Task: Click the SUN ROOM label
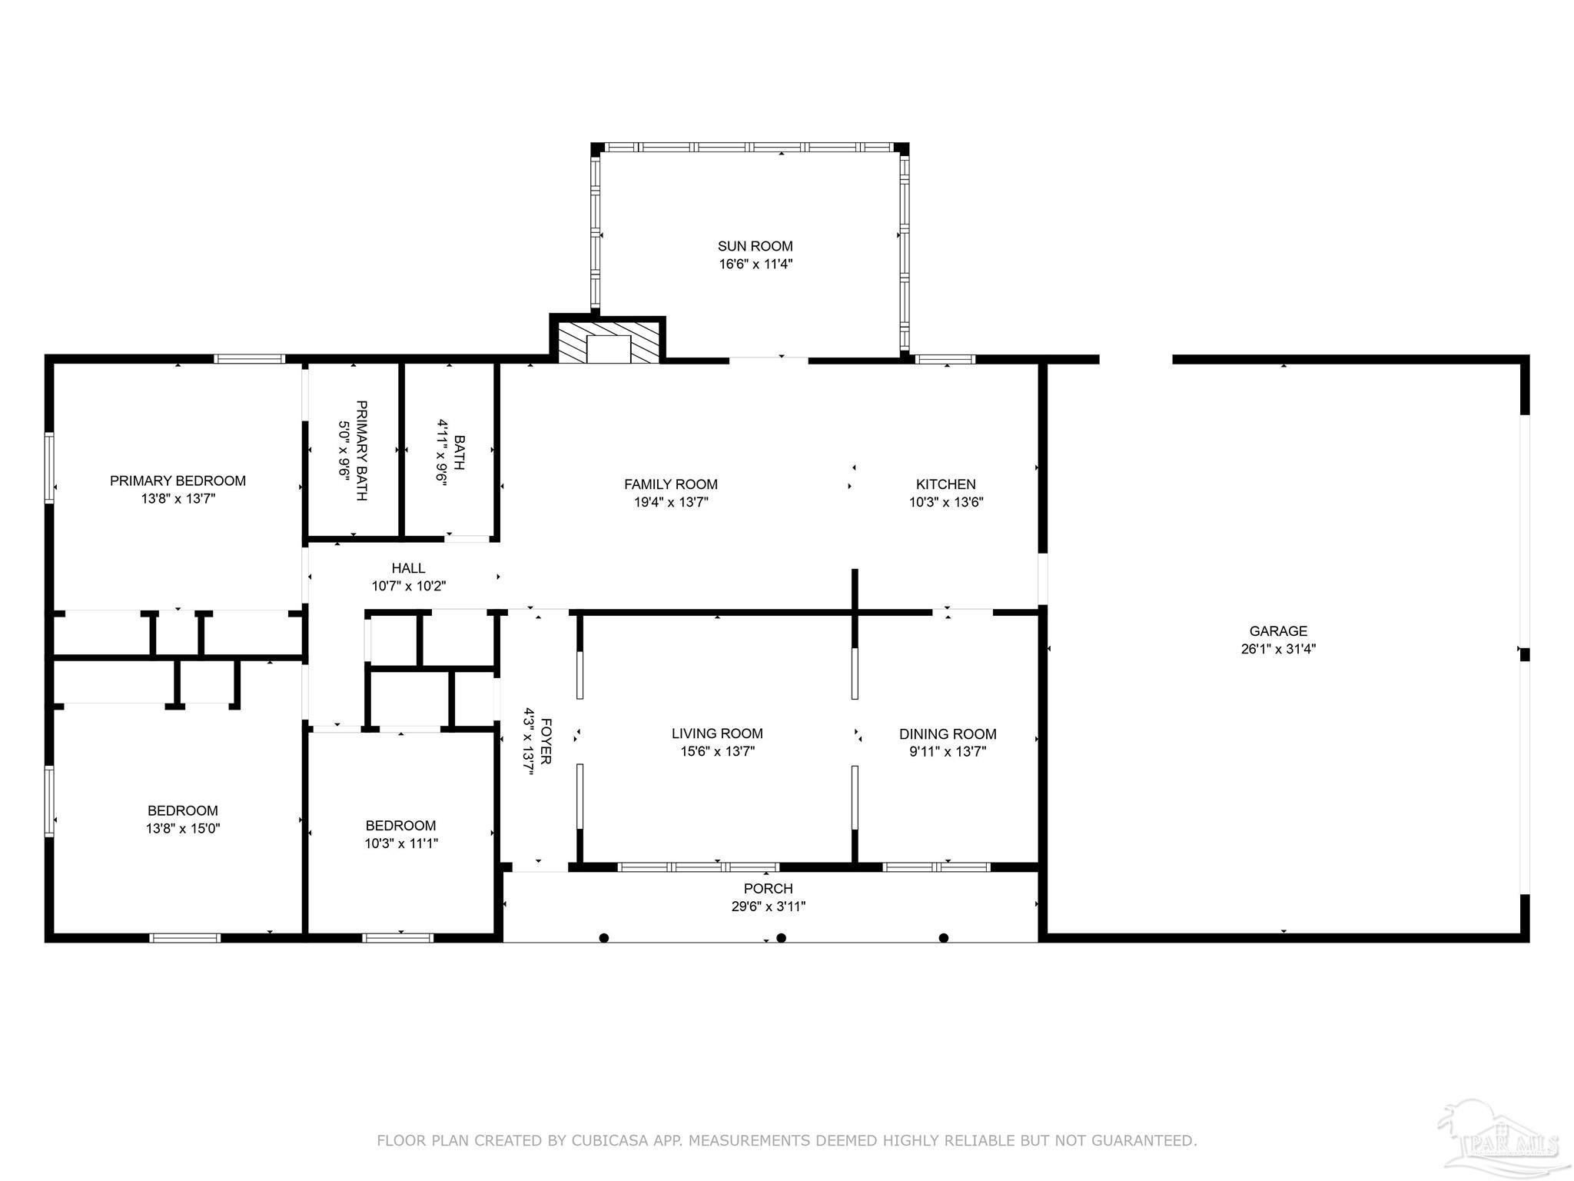755,246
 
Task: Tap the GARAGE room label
1278,631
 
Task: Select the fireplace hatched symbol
608,342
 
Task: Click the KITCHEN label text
945,484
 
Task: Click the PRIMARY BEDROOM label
178,481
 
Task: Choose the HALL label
408,568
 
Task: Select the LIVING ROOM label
717,734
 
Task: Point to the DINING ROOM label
948,734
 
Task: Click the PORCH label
768,889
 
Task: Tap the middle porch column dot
782,937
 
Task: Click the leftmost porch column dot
604,937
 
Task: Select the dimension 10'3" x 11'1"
400,843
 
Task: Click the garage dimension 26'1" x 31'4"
1278,649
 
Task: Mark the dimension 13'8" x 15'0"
182,829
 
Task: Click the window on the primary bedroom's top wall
249,358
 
